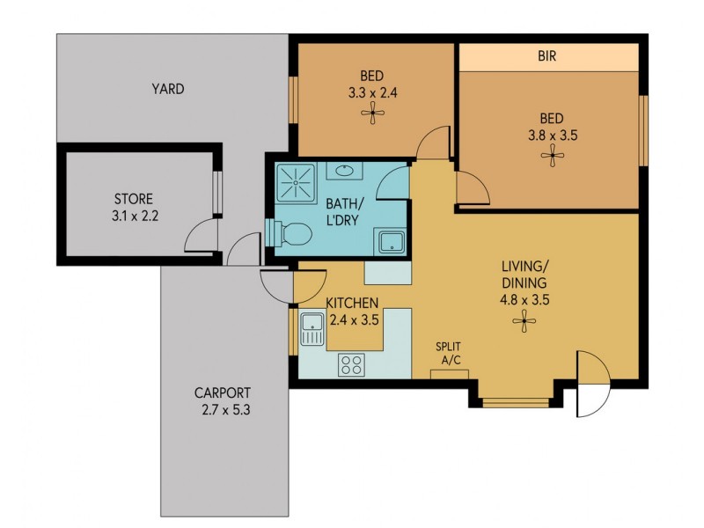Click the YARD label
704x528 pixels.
click(x=167, y=89)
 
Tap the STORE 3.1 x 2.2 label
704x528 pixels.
click(x=133, y=205)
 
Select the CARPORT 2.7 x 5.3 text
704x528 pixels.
click(x=224, y=400)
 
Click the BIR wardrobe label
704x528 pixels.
click(x=546, y=55)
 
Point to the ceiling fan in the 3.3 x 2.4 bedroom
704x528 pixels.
click(x=375, y=111)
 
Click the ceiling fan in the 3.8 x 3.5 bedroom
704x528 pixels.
click(x=552, y=156)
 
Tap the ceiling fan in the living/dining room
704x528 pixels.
click(x=524, y=322)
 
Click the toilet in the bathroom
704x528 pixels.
click(x=290, y=234)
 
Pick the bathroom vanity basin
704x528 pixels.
click(x=343, y=170)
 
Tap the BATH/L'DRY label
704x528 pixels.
click(x=341, y=212)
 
